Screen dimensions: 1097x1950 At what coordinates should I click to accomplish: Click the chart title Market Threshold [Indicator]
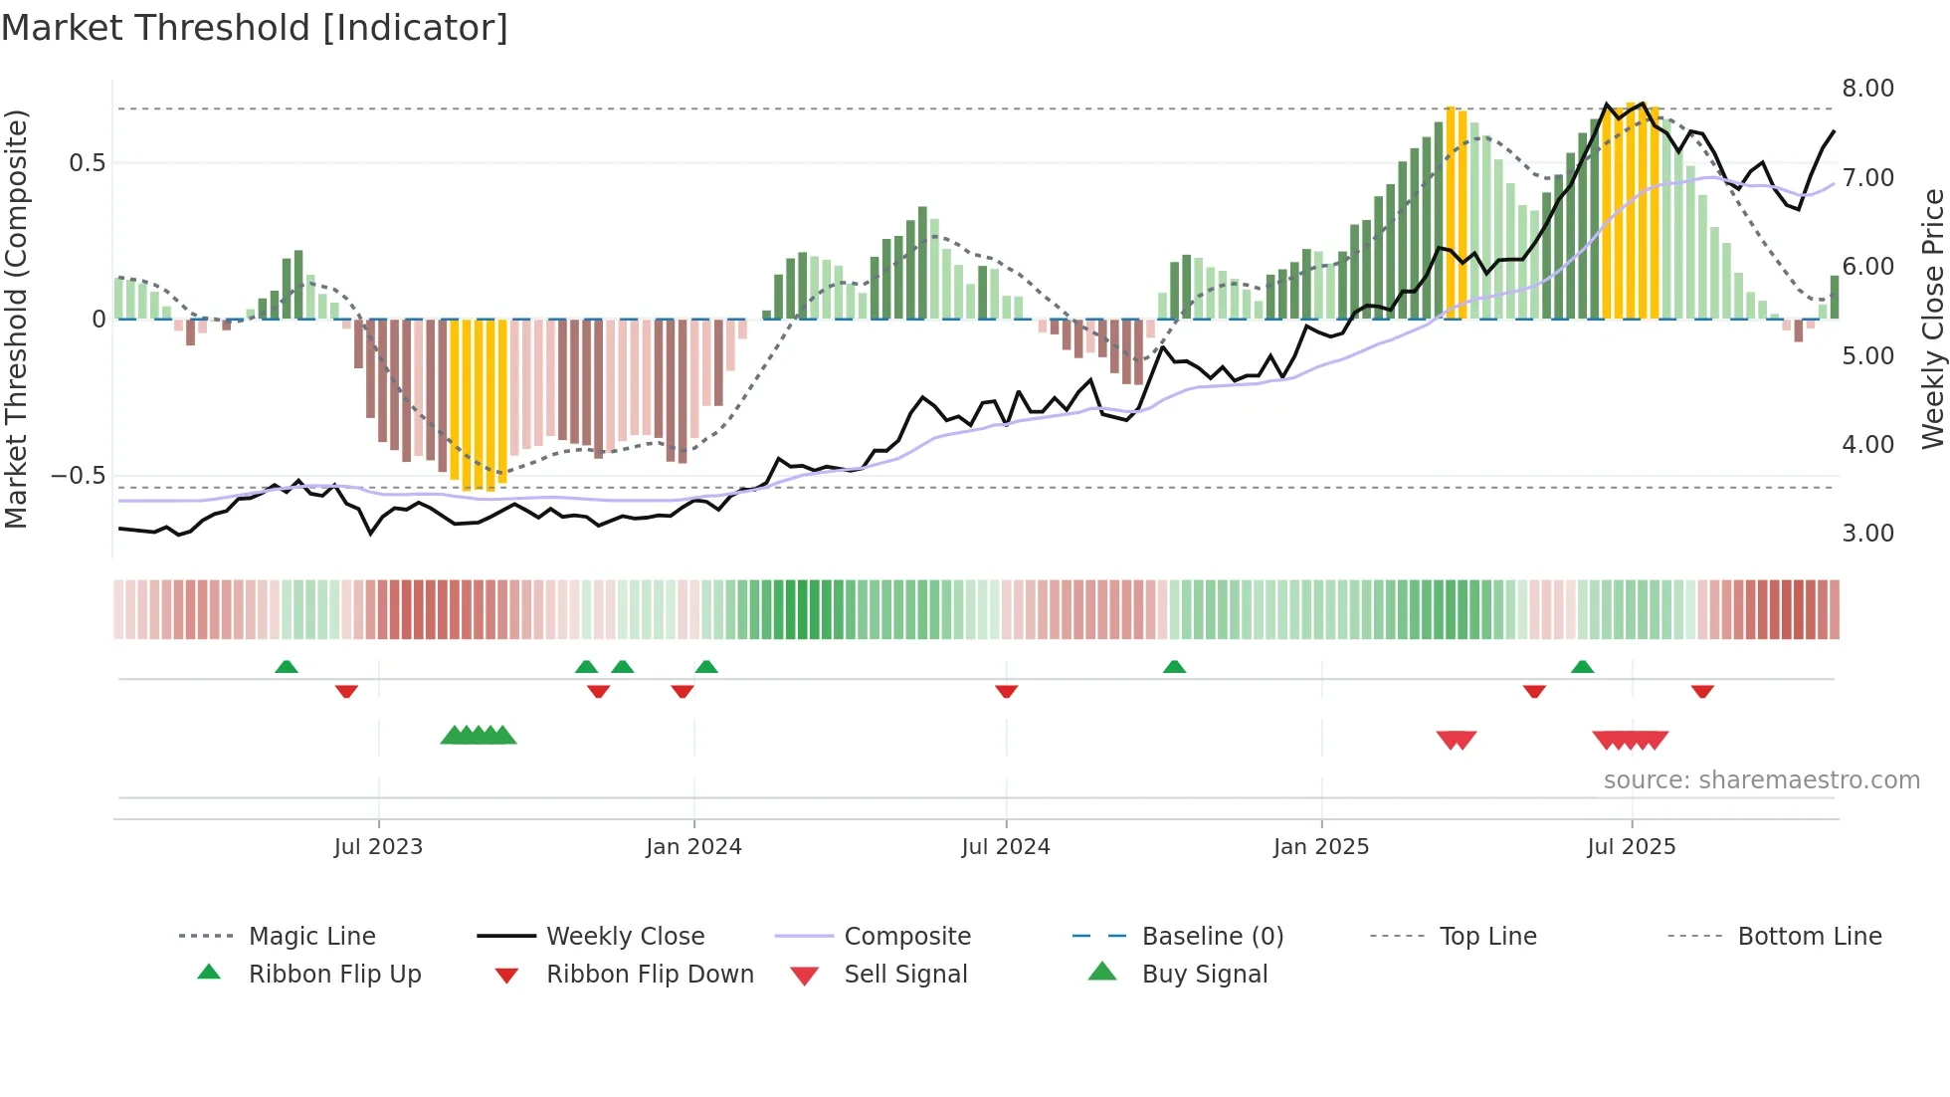coord(255,28)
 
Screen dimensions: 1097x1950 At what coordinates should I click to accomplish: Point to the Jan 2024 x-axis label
coord(693,847)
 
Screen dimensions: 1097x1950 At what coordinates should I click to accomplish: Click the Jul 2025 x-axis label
coord(1631,847)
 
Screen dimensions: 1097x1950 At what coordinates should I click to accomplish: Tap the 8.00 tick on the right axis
coord(1867,89)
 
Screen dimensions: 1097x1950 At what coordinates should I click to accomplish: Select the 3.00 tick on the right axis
coord(1867,534)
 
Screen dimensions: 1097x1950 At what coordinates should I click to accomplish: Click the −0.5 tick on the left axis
coord(79,476)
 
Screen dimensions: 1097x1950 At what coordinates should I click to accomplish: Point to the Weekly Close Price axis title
coord(1932,319)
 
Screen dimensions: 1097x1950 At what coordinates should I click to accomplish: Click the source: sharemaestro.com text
coord(1761,780)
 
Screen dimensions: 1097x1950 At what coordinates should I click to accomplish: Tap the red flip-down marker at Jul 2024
coord(1006,691)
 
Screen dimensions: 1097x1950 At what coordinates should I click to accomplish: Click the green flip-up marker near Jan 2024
coord(706,667)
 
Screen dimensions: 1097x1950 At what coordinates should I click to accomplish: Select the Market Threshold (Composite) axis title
coord(16,319)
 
